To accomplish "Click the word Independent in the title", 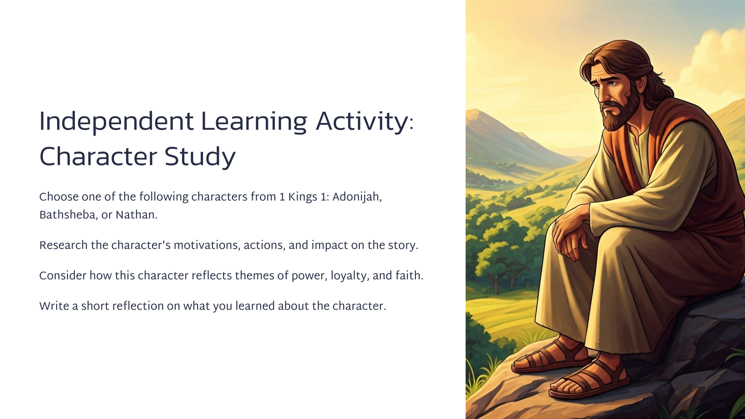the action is (x=116, y=122).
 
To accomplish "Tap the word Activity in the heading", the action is (x=362, y=122).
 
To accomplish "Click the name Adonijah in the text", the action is (x=357, y=197).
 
